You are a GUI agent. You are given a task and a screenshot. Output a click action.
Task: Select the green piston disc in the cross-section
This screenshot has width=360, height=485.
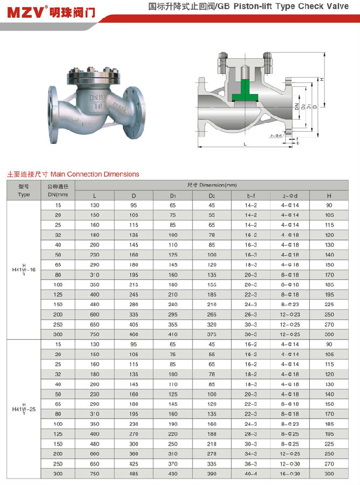pyautogui.click(x=245, y=92)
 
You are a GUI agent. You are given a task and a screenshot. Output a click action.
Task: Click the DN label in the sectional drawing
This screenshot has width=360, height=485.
pyautogui.click(x=296, y=106)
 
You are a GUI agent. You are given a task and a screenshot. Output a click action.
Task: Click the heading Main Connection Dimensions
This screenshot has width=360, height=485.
pyautogui.click(x=95, y=174)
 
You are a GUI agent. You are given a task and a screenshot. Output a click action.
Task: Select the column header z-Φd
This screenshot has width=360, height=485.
pyautogui.click(x=289, y=195)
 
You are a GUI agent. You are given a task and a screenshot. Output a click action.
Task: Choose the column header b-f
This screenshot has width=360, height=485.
pyautogui.click(x=251, y=195)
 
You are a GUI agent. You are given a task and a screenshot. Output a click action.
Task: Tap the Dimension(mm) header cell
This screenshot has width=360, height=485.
pyautogui.click(x=212, y=185)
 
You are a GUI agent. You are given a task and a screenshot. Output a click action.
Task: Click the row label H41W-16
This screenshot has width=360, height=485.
pyautogui.click(x=24, y=269)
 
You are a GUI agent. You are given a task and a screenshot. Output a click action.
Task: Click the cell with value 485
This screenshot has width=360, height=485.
pyautogui.click(x=134, y=473)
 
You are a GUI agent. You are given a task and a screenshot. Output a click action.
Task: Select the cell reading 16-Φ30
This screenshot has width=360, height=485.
pyautogui.click(x=289, y=473)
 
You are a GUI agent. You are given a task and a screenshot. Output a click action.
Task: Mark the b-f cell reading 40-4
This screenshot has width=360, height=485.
pyautogui.click(x=251, y=473)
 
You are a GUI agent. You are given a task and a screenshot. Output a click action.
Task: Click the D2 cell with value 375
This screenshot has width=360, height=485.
pyautogui.click(x=212, y=334)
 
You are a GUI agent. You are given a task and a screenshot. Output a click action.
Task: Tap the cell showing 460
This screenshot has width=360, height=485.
pyautogui.click(x=134, y=334)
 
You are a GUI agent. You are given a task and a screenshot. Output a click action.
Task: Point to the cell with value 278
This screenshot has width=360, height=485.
pyautogui.click(x=212, y=454)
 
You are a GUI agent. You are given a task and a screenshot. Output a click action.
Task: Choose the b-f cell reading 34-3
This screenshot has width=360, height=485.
pyautogui.click(x=251, y=454)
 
